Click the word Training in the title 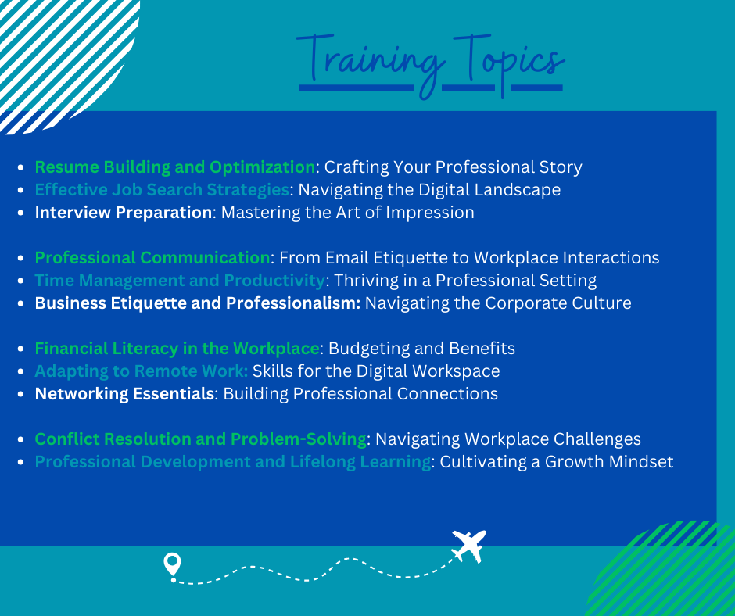371,64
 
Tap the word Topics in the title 508,63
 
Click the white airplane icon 468,546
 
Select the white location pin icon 172,564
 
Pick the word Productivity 274,281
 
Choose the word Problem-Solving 299,439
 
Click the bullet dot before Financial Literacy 20,349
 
